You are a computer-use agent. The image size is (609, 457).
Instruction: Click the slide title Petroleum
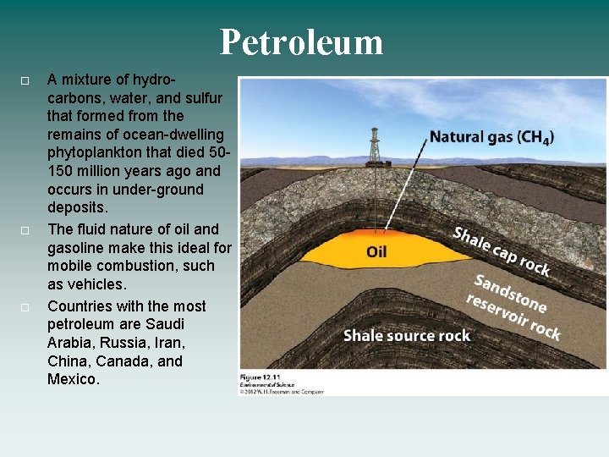[301, 41]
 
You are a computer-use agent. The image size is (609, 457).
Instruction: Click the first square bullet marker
[25, 80]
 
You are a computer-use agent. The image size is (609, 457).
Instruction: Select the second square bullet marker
[25, 230]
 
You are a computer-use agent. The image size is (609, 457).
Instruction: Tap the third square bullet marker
[25, 307]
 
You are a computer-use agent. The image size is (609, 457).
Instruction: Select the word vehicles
[96, 284]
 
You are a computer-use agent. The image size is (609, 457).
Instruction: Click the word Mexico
[73, 380]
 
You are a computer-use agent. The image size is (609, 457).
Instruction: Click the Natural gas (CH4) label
[491, 136]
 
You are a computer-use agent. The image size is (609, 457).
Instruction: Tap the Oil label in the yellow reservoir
[377, 251]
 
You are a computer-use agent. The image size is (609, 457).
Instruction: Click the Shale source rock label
[406, 336]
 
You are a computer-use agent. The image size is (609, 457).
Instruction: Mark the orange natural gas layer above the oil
[385, 232]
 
